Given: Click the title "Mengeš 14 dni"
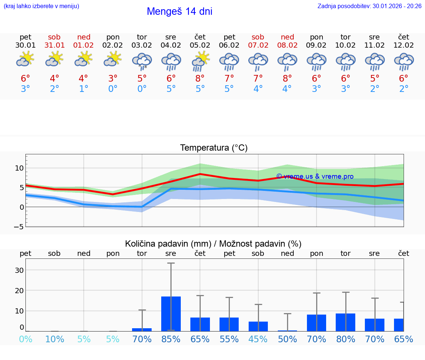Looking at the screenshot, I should (179, 11).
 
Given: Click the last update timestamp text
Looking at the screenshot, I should (369, 6).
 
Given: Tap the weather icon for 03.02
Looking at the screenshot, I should (142, 61).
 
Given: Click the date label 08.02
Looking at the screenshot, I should (287, 45).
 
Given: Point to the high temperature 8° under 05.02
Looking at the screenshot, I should (200, 79).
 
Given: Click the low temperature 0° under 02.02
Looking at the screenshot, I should (113, 89).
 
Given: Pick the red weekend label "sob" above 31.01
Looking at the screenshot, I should (54, 37).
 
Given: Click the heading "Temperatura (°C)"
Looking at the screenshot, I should (214, 148).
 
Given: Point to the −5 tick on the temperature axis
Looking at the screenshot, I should (19, 227).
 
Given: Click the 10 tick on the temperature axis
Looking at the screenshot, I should (19, 168).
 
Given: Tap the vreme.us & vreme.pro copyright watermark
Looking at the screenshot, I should (315, 176).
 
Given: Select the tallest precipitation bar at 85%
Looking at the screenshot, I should (171, 313).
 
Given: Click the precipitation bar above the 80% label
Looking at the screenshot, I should (345, 322).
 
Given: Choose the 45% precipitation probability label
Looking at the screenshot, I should (258, 339).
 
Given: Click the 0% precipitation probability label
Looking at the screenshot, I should (25, 339).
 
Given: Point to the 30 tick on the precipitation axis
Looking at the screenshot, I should (19, 270).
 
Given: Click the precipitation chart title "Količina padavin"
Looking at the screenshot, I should (168, 244).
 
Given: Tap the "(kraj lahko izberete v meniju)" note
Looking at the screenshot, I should (41, 6).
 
